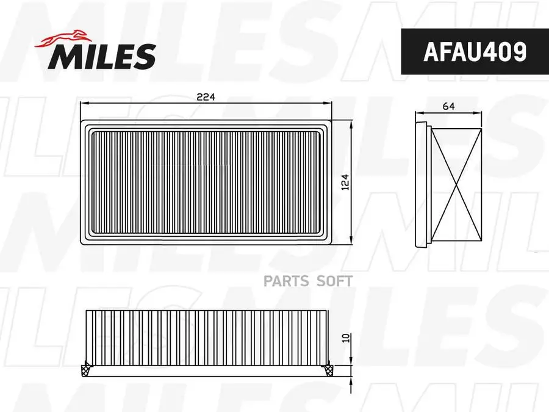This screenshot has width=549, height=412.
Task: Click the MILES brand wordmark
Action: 102,57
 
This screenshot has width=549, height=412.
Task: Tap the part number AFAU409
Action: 474,52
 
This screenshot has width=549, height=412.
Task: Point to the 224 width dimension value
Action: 206,96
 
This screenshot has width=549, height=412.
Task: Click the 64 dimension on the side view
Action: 449,106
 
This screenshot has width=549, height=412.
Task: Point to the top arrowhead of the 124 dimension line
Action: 352,123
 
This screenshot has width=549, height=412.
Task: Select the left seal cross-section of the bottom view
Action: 86,367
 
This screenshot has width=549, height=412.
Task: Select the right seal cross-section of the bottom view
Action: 328,367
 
